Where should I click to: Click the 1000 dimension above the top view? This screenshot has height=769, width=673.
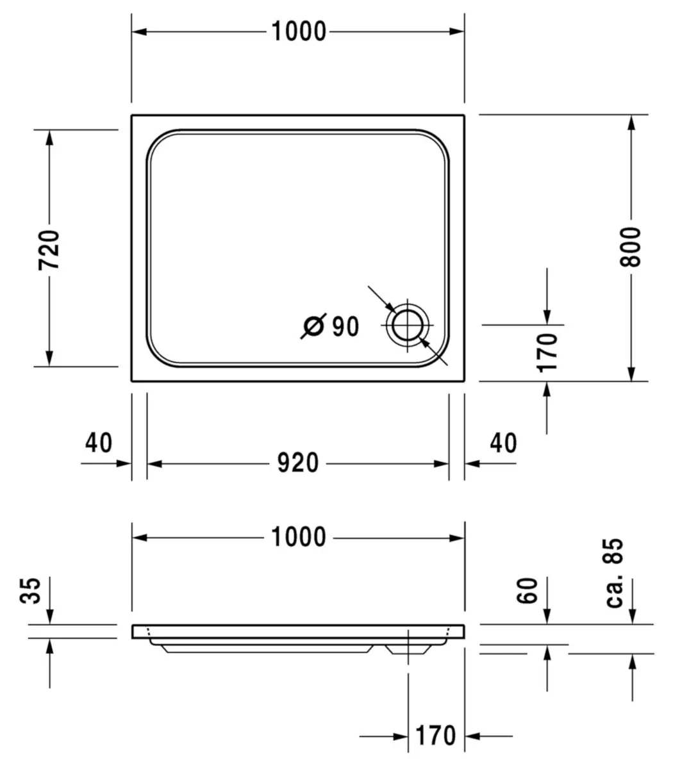pos(299,31)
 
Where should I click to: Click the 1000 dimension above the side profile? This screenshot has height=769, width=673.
pos(299,537)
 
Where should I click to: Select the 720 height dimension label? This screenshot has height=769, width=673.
pos(49,250)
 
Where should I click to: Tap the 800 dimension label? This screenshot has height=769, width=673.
pos(630,247)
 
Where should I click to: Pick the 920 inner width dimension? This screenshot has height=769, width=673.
pos(298,463)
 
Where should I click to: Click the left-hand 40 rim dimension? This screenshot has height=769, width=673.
pos(99,443)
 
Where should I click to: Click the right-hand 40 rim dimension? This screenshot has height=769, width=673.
pos(503,443)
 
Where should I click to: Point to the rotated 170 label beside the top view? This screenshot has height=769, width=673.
pos(547,353)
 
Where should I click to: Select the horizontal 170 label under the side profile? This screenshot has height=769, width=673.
pos(435,736)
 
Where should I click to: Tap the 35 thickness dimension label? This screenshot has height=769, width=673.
pos(31,591)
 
